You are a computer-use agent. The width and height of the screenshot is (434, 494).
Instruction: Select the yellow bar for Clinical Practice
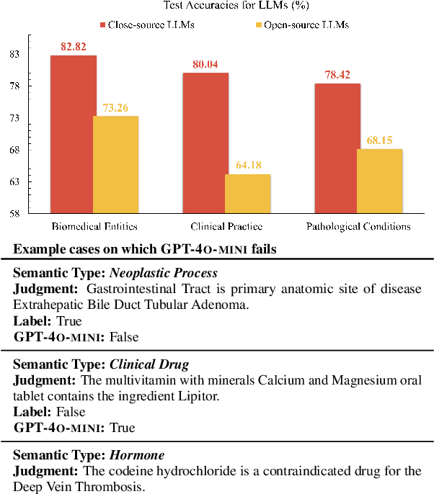(x=248, y=194)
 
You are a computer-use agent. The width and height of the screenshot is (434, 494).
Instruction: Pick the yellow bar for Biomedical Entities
(x=116, y=165)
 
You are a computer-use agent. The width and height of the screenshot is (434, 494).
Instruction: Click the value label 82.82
(x=73, y=47)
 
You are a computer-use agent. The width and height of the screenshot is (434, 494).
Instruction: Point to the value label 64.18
(x=248, y=166)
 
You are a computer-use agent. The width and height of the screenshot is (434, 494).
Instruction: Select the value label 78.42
(x=337, y=75)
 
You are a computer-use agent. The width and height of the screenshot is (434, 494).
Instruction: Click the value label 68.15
(x=379, y=140)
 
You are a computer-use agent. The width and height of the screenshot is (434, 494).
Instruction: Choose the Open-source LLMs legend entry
(x=306, y=24)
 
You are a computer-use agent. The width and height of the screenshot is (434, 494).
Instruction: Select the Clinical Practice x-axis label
(x=226, y=226)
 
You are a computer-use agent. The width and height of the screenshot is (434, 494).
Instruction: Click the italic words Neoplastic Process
(x=164, y=273)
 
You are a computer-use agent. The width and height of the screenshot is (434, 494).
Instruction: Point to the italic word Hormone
(x=137, y=455)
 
